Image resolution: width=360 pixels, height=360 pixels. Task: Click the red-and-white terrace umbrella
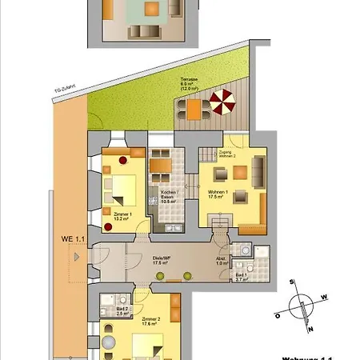(222, 102)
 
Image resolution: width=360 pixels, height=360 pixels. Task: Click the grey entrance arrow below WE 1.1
(74, 257)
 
